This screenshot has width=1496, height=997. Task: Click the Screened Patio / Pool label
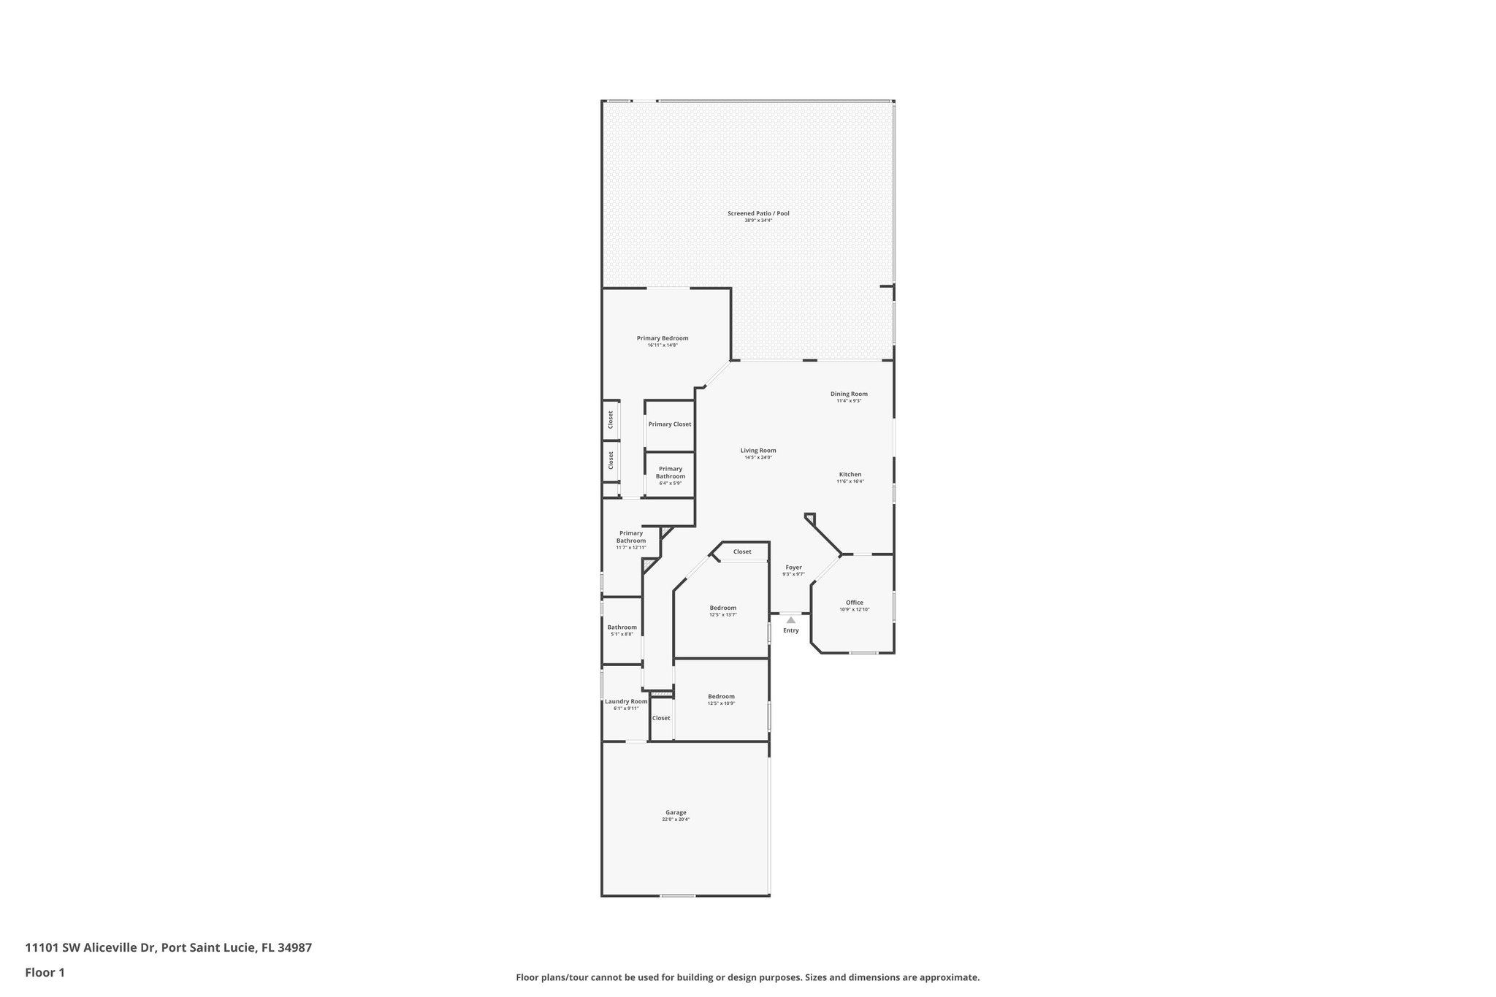point(757,213)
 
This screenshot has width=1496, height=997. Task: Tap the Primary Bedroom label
point(662,338)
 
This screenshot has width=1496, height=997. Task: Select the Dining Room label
point(849,394)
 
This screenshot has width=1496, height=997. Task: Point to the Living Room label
point(757,451)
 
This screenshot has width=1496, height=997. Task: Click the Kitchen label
point(850,475)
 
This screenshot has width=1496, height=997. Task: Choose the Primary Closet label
point(669,424)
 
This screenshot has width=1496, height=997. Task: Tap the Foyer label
point(793,568)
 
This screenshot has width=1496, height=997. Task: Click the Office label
point(854,603)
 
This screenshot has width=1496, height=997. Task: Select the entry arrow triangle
point(790,620)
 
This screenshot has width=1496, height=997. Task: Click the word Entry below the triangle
point(790,630)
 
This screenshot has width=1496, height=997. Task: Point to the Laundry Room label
point(626,701)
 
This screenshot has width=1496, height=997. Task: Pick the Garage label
point(676,812)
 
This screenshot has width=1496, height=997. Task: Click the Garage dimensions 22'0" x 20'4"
point(676,820)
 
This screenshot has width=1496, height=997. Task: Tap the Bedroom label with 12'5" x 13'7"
point(722,608)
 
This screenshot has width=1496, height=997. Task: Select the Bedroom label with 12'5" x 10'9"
point(721,696)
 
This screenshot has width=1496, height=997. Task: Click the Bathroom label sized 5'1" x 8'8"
point(622,627)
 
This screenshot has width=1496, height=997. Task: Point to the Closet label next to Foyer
point(742,551)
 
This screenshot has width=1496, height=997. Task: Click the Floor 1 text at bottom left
point(45,972)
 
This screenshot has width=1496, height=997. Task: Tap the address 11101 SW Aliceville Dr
point(91,947)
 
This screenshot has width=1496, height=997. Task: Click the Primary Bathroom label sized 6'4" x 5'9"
point(670,473)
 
